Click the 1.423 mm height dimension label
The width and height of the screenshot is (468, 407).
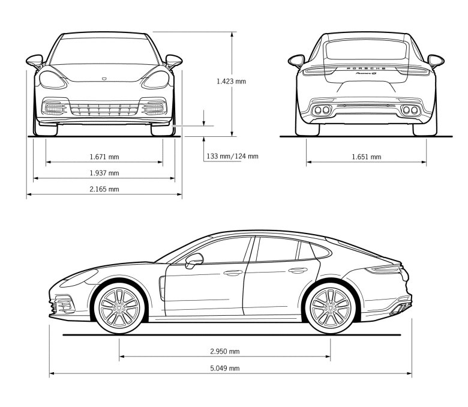click(232, 81)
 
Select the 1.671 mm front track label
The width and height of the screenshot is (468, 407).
click(104, 157)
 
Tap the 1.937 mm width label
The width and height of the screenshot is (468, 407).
click(104, 173)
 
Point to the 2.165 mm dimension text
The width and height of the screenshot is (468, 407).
click(104, 189)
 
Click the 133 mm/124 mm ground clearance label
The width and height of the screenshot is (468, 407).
click(233, 156)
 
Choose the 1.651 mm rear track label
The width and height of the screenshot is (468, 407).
click(367, 157)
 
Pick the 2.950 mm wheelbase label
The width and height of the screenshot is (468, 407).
click(225, 351)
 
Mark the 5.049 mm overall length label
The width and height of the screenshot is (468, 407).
click(225, 368)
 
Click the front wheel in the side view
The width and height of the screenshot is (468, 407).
click(119, 308)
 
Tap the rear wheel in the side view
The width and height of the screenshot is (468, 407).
click(331, 308)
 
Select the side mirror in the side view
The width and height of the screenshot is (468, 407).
click(194, 261)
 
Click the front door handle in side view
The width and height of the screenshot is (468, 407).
click(233, 273)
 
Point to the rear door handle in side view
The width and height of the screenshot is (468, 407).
click(298, 271)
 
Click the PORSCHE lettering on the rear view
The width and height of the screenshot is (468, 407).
click(366, 68)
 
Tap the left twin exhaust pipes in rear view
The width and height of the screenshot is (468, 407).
click(322, 110)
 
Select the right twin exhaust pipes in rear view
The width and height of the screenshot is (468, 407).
click(410, 110)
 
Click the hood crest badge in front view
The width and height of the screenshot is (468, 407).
click(104, 79)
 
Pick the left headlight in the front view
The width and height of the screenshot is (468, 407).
click(53, 80)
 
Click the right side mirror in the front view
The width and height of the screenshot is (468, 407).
click(174, 61)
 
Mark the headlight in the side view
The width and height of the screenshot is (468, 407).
click(79, 278)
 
